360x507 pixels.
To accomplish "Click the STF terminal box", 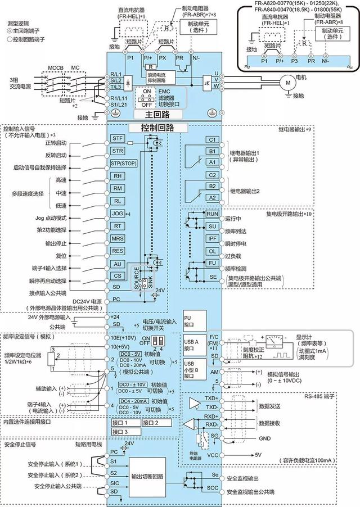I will (x=118, y=138).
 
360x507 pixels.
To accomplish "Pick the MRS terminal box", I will (x=118, y=238).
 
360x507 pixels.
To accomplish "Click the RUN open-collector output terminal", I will (x=212, y=214).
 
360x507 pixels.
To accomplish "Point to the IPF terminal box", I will (x=212, y=238).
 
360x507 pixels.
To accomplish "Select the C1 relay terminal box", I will (x=212, y=139).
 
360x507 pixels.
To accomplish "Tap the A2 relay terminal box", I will (x=212, y=198).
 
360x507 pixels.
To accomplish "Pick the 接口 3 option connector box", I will (x=123, y=431).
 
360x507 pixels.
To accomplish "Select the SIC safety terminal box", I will (x=114, y=482).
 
